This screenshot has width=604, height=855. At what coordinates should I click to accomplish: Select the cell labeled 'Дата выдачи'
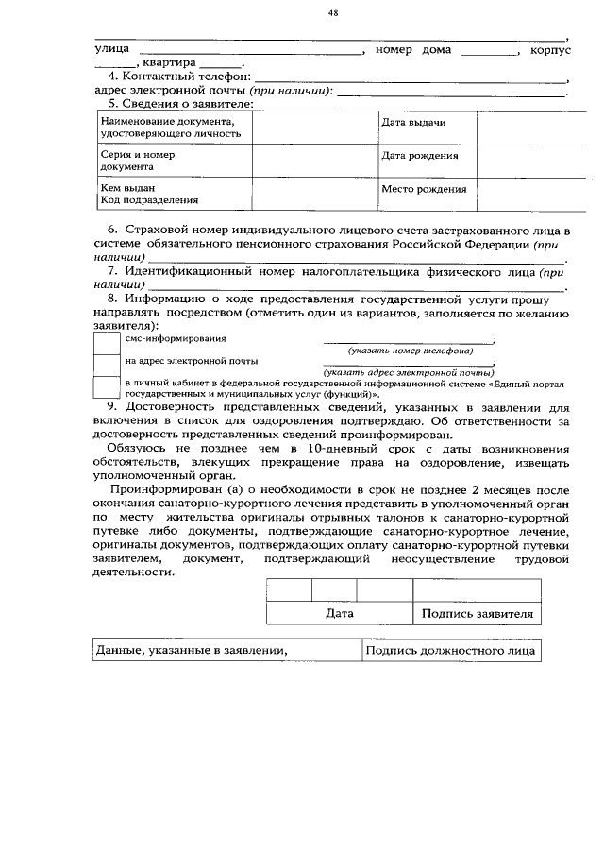[x=412, y=124]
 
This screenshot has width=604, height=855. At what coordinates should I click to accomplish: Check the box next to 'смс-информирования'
[x=107, y=342]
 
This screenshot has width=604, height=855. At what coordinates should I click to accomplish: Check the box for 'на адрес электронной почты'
[x=107, y=364]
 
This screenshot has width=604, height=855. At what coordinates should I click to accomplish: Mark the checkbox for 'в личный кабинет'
[x=107, y=386]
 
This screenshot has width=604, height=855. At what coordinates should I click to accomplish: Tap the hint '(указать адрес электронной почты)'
[x=410, y=373]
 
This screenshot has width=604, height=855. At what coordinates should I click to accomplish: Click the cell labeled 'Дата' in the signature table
[x=339, y=613]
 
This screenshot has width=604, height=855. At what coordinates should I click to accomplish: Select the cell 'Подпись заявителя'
[x=478, y=613]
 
